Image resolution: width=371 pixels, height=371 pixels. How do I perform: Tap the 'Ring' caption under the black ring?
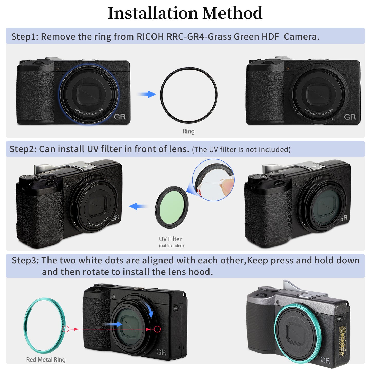coord(188,131)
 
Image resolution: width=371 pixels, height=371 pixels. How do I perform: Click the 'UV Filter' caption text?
coord(170,239)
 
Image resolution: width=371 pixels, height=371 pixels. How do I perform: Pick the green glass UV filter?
coord(172,207)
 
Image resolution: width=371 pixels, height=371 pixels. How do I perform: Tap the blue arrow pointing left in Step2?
coord(138,206)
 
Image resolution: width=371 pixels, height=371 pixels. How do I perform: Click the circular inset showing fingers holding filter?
coord(213,180)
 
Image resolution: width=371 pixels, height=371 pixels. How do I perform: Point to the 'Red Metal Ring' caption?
coord(46,360)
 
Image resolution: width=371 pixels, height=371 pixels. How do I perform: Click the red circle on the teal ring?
coord(66,329)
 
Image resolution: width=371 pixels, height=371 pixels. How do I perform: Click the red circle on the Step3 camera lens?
coord(157,329)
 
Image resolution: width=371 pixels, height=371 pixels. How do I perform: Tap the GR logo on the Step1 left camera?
coord(120,117)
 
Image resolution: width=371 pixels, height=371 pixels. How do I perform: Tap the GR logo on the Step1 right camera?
coord(350,117)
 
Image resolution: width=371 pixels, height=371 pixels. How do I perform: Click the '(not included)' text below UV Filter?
coord(171,246)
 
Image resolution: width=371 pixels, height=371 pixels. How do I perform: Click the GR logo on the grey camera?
coord(325,360)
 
